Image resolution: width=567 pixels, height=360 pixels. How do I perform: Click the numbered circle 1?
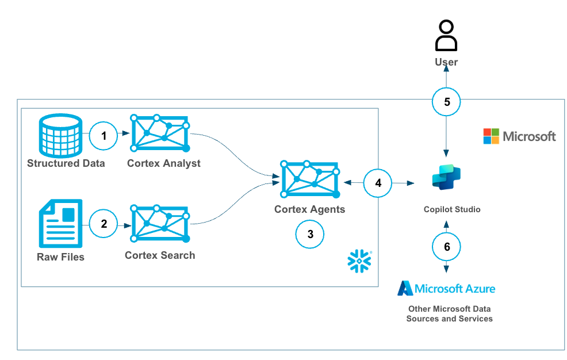[104, 136]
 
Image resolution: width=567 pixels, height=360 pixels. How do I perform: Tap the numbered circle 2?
[104, 224]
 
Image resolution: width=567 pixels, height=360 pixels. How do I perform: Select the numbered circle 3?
[310, 234]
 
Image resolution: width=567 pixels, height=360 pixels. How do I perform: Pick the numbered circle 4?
[378, 183]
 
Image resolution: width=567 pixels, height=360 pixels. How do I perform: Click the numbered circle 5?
[447, 101]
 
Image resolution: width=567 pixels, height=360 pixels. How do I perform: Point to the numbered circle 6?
[447, 247]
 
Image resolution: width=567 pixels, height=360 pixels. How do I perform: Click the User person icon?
[446, 37]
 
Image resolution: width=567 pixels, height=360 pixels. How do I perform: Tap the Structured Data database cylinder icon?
[60, 135]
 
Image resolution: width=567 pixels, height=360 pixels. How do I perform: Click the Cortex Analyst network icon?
[160, 135]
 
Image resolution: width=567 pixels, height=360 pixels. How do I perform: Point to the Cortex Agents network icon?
[310, 179]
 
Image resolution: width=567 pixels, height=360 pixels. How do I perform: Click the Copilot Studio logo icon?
[447, 178]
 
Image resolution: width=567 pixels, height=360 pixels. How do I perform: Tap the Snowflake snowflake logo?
[359, 261]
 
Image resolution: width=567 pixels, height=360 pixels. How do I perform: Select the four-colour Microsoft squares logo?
[491, 136]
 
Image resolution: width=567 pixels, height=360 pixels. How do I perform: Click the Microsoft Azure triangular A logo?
[405, 288]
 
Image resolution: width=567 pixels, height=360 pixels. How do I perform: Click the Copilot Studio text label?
[451, 209]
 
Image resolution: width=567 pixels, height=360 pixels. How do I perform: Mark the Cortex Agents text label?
[310, 209]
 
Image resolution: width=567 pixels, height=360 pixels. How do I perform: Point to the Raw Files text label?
[60, 257]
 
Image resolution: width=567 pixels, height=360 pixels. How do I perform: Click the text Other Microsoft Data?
[449, 309]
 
